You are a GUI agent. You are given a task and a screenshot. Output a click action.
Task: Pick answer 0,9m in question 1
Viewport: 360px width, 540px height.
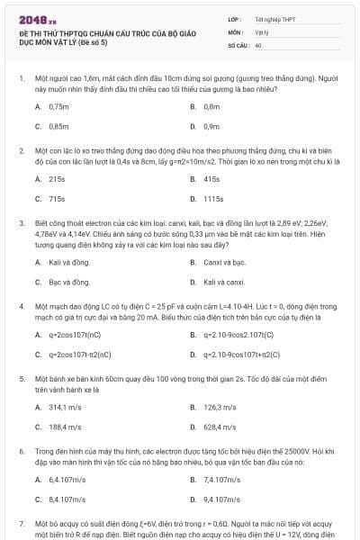pos(211,126)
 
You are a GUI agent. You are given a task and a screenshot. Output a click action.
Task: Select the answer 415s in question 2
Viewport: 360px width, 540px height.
pos(211,179)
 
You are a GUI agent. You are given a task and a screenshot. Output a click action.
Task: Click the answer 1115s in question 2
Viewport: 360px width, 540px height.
pos(213,199)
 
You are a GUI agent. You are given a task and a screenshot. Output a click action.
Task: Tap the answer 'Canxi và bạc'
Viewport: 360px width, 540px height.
pos(224,262)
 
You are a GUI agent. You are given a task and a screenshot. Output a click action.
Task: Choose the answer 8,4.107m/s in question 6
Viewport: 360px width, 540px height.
pos(67,499)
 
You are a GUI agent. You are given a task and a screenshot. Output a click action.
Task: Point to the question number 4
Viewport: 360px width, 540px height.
pos(21,306)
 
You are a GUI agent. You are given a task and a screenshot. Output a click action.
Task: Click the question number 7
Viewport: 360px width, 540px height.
pos(21,522)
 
